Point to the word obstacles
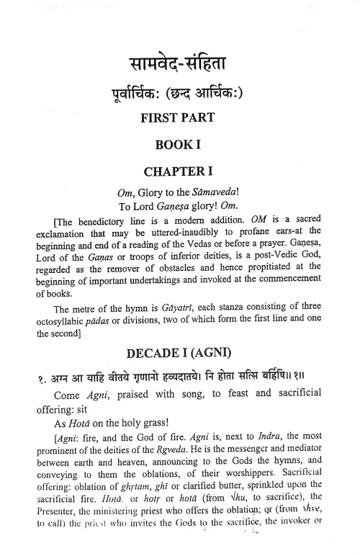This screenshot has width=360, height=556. (x=166, y=278)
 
